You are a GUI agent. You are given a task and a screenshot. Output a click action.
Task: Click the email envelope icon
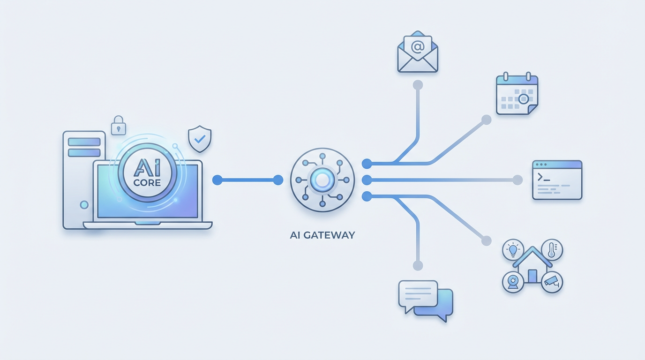(x=417, y=52)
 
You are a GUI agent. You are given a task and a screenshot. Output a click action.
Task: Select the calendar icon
(x=517, y=94)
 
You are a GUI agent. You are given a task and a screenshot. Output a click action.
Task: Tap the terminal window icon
(x=557, y=180)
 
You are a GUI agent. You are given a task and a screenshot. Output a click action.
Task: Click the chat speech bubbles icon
(x=425, y=300)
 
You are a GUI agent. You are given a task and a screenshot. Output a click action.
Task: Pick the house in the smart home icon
(x=532, y=267)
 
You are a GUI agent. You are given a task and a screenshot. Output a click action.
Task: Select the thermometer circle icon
(x=552, y=249)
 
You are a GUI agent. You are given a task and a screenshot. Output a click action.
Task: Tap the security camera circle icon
(x=552, y=282)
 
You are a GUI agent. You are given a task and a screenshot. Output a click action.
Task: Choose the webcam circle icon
(x=513, y=282)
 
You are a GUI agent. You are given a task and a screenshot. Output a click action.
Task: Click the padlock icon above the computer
(x=118, y=125)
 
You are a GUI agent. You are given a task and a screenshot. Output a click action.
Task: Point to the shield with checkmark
(x=199, y=138)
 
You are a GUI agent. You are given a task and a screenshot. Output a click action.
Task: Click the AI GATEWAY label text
(x=322, y=235)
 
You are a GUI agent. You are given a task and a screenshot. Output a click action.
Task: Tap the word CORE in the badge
(x=147, y=182)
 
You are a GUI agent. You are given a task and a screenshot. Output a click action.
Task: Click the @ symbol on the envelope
(x=417, y=46)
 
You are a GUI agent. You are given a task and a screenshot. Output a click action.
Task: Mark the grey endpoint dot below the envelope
(x=417, y=85)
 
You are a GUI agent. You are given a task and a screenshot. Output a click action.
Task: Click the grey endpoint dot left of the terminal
(x=517, y=180)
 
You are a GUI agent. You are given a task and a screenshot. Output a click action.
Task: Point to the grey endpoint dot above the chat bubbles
(x=417, y=265)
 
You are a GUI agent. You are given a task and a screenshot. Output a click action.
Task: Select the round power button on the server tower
(x=84, y=205)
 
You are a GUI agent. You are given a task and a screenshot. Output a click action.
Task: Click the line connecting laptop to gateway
(x=247, y=180)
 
